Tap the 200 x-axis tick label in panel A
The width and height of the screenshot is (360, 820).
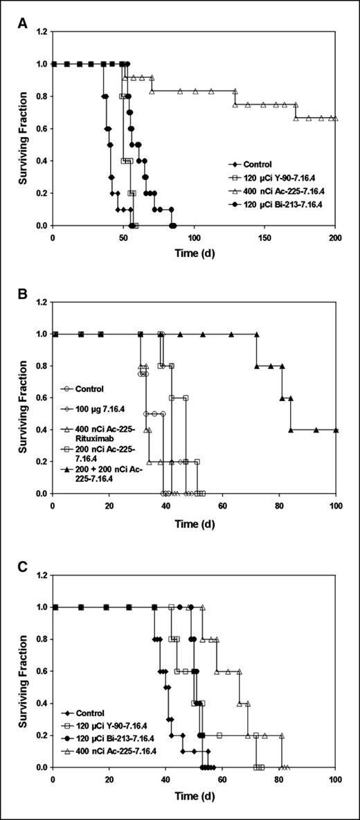[335, 238]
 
